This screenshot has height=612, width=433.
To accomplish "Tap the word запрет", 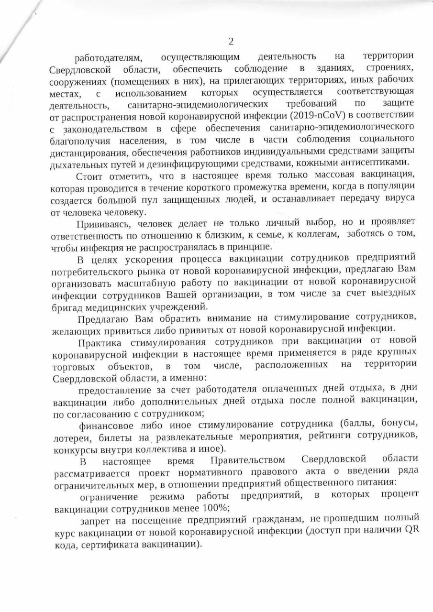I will pyautogui.click(x=97, y=520).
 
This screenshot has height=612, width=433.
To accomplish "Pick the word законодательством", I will pyautogui.click(x=105, y=129).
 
